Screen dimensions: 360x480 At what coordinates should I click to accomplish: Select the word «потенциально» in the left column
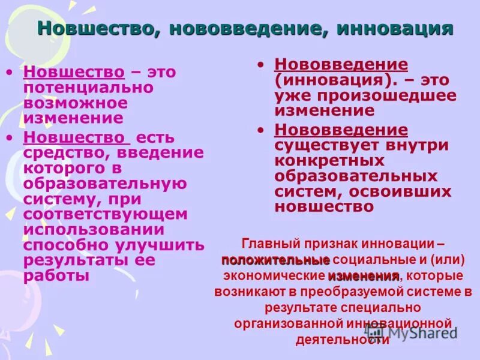pos(88,88)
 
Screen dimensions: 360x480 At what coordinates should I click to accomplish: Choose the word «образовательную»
pos(105,183)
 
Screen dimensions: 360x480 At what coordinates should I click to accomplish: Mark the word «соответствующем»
pos(106,214)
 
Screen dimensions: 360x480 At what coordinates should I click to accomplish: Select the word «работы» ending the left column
pos(56,276)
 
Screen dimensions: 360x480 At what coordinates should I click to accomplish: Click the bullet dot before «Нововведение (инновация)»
pos(260,64)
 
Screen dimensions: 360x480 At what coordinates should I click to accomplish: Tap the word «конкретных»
pos(329,160)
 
